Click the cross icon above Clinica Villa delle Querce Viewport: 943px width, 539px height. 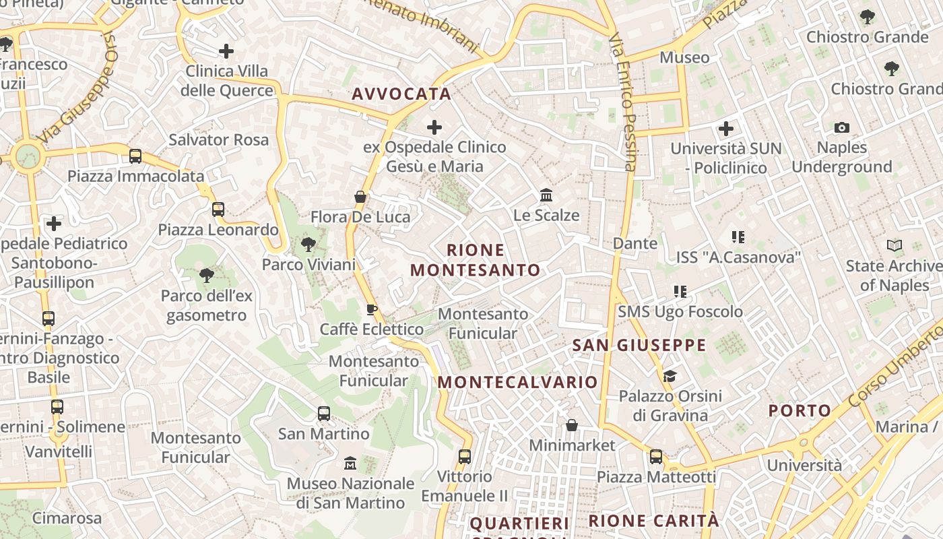click(226, 51)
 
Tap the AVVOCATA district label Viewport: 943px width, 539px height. click(401, 94)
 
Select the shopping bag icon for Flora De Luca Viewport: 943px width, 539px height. click(360, 197)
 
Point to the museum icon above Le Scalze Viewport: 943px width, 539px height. click(546, 195)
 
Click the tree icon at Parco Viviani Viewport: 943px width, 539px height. click(308, 245)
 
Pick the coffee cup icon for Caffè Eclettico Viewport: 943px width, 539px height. click(371, 309)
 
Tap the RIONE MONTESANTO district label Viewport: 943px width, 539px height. click(476, 260)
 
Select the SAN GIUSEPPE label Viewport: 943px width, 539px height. click(639, 346)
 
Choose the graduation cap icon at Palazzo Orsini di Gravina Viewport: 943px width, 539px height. click(670, 376)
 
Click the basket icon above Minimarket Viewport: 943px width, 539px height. click(572, 425)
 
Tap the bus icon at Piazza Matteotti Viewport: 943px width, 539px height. click(656, 457)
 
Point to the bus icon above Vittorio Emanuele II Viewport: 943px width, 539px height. click(465, 456)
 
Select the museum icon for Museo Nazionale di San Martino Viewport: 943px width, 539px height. click(350, 464)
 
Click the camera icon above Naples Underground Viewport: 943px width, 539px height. click(841, 127)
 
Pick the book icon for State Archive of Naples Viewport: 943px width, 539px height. click(895, 246)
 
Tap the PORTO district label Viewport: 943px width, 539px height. click(800, 410)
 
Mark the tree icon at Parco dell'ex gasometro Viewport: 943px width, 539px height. click(207, 275)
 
